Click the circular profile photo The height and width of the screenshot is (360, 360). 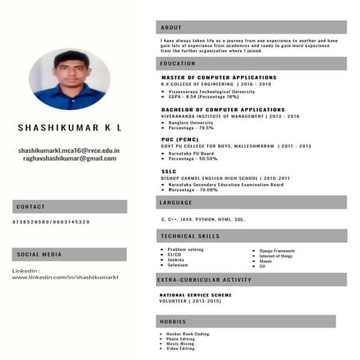tap(69, 79)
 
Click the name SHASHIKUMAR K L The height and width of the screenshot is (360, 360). tap(69, 127)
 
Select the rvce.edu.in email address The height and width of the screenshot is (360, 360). tap(69, 150)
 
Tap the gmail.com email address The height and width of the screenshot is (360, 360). tap(69, 158)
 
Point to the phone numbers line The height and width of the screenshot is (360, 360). tap(51, 221)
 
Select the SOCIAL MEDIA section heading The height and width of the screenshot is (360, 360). tap(39, 255)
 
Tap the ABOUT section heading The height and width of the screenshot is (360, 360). tap(171, 27)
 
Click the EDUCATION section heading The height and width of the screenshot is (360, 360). tap(178, 63)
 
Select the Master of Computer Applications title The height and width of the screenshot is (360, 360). tap(218, 77)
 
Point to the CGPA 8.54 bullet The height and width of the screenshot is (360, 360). tap(202, 96)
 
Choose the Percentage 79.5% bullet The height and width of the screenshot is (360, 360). tap(190, 127)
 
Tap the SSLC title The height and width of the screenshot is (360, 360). tap(169, 171)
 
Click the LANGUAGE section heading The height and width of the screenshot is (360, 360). tap(177, 203)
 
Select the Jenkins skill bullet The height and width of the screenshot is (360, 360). tap(176, 260)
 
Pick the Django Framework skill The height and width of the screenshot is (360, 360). tap(277, 250)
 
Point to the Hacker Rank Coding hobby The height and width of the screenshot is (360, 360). tap(189, 334)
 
